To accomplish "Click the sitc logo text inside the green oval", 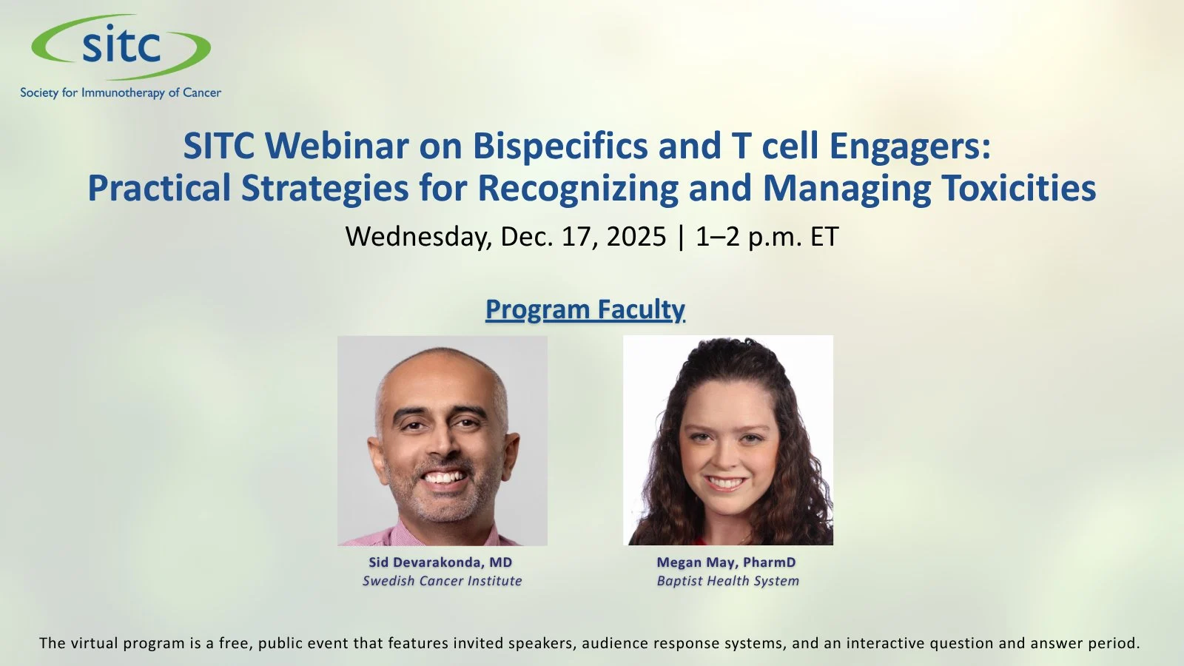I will coord(121,47).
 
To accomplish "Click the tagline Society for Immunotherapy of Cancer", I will coord(121,92).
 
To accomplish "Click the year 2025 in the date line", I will coord(636,237).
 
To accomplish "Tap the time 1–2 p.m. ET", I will coord(767,237).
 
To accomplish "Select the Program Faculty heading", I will coord(585,309).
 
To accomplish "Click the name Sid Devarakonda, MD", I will coord(440,562).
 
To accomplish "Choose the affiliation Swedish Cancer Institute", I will coord(442,581).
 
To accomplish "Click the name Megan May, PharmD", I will coord(726,562).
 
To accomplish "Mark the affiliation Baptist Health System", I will coord(727,581).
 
